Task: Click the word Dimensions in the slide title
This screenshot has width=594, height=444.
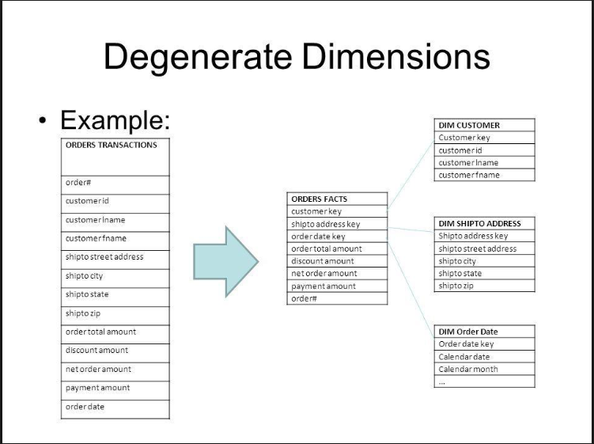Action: point(395,56)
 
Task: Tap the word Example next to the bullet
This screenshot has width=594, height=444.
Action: point(114,120)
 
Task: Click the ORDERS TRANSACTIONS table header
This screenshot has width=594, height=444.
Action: point(112,146)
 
